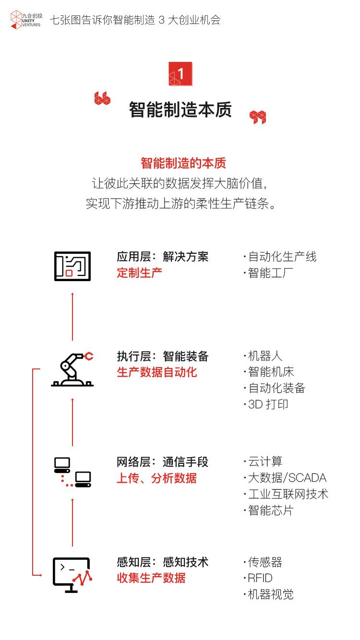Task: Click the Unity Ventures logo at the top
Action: pos(26,20)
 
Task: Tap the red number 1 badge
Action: pos(180,74)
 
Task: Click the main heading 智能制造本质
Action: pos(180,110)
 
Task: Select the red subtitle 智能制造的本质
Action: pos(183,163)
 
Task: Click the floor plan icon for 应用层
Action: pos(72,266)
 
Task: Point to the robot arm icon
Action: pos(72,369)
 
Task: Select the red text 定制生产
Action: pos(140,273)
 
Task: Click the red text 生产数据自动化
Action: pos(157,373)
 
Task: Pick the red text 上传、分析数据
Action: pos(156,478)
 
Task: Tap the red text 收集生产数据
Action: pos(151,578)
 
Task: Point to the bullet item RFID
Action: pos(260,578)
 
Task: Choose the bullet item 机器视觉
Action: pos(270,595)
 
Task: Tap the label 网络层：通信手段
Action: pos(162,462)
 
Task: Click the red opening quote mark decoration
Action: pos(102,98)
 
